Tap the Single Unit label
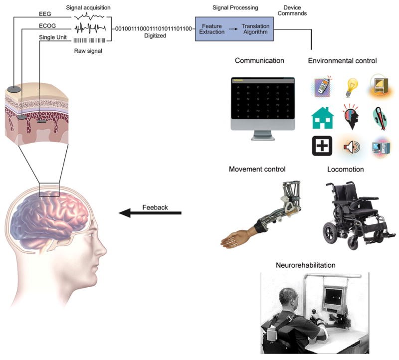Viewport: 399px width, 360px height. click(55, 38)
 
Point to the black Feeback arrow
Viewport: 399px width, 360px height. click(150, 213)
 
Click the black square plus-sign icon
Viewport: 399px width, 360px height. click(322, 146)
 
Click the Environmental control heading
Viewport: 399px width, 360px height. click(342, 61)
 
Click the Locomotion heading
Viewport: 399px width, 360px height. click(345, 170)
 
